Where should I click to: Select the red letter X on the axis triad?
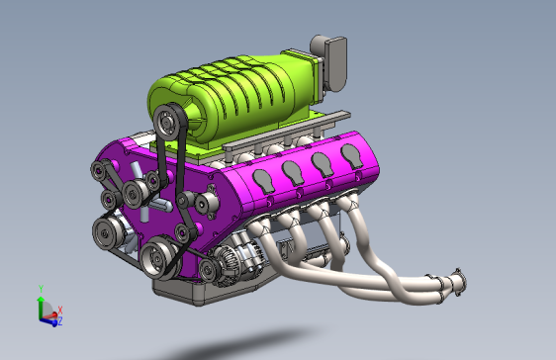pyautogui.click(x=60, y=310)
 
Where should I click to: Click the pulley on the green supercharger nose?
pyautogui.click(x=168, y=125)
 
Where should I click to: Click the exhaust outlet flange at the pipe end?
pyautogui.click(x=456, y=282)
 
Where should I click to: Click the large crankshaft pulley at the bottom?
pyautogui.click(x=157, y=259)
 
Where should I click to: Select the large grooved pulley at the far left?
pyautogui.click(x=106, y=233)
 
